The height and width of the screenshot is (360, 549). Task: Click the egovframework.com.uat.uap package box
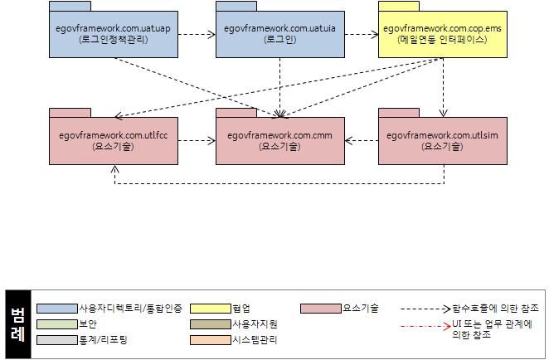pyautogui.click(x=114, y=34)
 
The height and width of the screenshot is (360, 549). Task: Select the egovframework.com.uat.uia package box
pyautogui.click(x=279, y=34)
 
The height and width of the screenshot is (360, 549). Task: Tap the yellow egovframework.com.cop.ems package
pyautogui.click(x=443, y=34)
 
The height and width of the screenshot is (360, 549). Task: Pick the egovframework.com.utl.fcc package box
pyautogui.click(x=114, y=140)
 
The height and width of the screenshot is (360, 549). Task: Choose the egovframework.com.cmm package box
pyautogui.click(x=279, y=140)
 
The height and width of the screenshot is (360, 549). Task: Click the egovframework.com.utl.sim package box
pyautogui.click(x=443, y=140)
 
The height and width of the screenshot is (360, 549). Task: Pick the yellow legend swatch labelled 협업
pyautogui.click(x=211, y=308)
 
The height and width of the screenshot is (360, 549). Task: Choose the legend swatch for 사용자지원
pyautogui.click(x=211, y=324)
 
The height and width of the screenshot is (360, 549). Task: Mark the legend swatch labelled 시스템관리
pyautogui.click(x=211, y=339)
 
